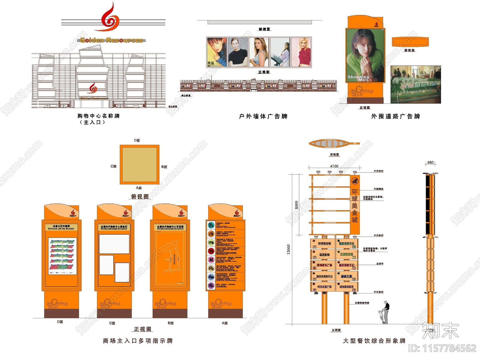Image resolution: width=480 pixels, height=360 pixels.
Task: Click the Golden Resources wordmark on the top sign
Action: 111,40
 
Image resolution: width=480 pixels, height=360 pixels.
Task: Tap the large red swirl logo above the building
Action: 110,18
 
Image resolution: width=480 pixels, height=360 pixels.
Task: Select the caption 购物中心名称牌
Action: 98,116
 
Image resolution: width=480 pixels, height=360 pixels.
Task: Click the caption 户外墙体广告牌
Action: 263,116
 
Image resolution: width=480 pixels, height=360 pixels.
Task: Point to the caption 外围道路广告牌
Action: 395,116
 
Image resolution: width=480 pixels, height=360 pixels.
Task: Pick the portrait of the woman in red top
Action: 301,52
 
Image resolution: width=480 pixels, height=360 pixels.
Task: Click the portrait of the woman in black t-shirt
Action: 238,52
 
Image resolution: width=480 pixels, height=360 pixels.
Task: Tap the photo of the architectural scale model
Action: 415,85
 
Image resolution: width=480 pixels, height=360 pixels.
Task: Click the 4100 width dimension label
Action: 334,166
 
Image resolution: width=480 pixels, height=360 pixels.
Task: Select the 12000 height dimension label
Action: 289,249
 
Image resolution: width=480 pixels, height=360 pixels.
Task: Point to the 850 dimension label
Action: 430,163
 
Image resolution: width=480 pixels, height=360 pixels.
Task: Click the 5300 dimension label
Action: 296,205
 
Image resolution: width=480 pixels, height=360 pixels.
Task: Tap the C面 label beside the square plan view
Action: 113,166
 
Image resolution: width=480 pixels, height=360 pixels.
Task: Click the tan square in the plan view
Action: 139,165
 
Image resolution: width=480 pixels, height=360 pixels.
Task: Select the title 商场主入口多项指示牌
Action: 138,341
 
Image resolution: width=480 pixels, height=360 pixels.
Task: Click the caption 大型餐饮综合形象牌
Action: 374,341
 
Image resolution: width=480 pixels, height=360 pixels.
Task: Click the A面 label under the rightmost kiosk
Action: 225,323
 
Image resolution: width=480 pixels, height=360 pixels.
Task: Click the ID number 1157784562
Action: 442,348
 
